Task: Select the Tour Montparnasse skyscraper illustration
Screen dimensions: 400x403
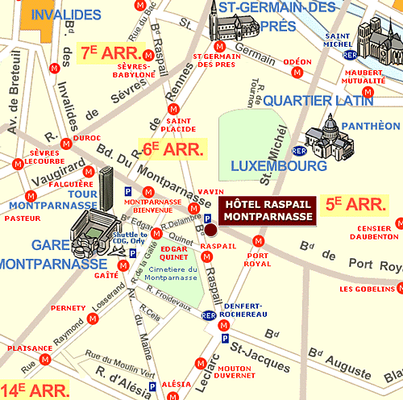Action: (107, 185)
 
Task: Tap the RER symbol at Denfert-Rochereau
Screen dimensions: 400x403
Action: (209, 315)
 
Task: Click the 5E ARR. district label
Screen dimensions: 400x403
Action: (355, 205)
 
